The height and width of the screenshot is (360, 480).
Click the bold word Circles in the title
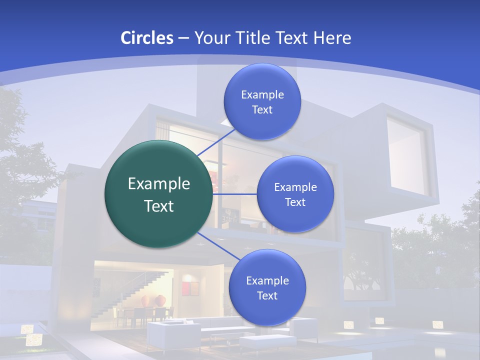click(147, 38)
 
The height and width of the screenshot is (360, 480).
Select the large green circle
click(158, 194)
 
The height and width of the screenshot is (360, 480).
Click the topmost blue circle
click(262, 101)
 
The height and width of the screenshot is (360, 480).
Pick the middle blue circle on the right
click(295, 194)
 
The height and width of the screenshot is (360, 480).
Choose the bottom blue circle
click(267, 287)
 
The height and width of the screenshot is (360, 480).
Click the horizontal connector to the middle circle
click(234, 194)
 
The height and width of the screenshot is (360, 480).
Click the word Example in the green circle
click(158, 184)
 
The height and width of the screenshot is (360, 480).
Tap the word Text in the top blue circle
click(262, 109)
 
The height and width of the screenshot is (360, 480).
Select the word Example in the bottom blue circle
click(267, 280)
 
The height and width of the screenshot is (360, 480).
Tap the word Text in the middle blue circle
click(295, 202)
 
